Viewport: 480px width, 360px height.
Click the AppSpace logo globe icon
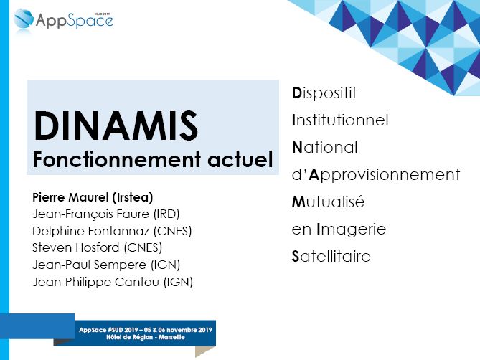[24, 19]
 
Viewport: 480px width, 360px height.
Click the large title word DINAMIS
[116, 126]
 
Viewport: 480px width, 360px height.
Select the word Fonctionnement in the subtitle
[117, 159]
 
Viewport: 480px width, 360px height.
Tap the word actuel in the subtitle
[240, 159]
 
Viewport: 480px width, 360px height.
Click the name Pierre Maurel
[70, 197]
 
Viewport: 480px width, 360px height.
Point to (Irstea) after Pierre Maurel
[133, 198]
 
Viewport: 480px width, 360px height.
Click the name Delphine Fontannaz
[91, 231]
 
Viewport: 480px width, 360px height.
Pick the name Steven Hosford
[76, 247]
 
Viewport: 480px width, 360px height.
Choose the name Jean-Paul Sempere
[90, 265]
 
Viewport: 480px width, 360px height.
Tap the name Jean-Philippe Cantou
[96, 282]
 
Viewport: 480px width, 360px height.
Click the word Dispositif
[324, 93]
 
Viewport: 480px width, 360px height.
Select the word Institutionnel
[340, 120]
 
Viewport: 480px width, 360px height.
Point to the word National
[324, 147]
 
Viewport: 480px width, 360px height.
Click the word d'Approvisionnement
[376, 175]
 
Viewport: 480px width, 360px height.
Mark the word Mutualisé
[328, 202]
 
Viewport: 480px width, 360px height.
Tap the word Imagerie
[351, 229]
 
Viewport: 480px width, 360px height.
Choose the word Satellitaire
[331, 256]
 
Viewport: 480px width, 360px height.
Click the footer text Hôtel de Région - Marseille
[146, 337]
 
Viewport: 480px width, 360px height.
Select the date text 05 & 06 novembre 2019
[177, 330]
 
